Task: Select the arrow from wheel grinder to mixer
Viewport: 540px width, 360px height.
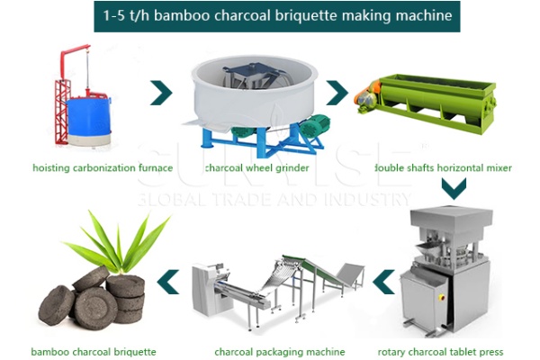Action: [336, 92]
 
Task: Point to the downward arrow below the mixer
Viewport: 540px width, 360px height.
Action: [453, 190]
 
